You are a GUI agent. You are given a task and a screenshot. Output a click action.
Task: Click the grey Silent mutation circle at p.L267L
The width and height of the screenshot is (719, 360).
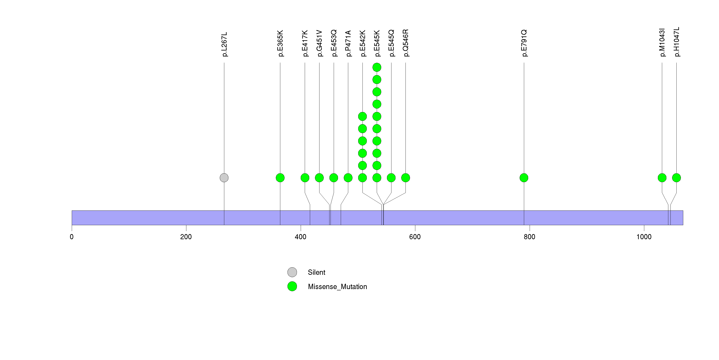click(x=224, y=178)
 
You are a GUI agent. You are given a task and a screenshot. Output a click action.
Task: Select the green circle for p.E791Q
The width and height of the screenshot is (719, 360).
click(x=524, y=178)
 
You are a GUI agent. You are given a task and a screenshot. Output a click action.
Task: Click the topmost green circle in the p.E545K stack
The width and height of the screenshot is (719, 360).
click(x=377, y=67)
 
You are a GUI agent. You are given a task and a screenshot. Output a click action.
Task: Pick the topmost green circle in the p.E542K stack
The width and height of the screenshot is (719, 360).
click(x=362, y=116)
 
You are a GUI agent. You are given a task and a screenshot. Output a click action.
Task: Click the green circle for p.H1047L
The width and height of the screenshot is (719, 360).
click(x=676, y=178)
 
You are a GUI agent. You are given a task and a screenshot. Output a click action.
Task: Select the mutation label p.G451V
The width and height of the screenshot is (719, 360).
click(x=319, y=43)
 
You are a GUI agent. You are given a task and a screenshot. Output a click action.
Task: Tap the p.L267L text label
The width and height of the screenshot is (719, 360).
click(x=224, y=44)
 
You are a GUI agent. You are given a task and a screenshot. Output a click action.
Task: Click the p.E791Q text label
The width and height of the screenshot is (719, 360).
click(x=524, y=43)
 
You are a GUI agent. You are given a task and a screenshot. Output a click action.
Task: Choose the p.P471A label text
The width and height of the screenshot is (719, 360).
click(x=348, y=43)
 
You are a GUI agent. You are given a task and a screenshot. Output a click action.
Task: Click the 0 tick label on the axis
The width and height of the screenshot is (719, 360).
click(x=72, y=237)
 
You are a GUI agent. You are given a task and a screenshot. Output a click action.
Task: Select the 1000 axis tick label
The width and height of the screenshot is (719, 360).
click(x=644, y=237)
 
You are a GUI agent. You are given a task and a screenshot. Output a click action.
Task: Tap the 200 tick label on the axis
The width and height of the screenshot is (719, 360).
click(x=186, y=237)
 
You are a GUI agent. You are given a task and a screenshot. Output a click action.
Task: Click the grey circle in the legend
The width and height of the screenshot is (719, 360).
click(x=292, y=272)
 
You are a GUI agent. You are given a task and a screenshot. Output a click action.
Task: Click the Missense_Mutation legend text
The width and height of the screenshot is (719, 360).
click(x=337, y=287)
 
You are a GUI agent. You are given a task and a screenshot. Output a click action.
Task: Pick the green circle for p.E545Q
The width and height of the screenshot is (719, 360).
click(x=391, y=178)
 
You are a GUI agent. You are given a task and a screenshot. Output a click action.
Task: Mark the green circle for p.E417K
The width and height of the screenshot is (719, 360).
click(x=305, y=178)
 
